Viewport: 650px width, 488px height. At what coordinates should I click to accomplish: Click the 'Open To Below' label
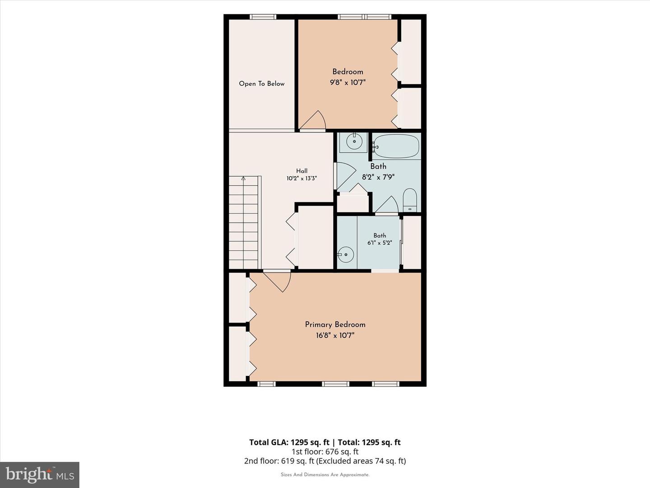[x=261, y=84]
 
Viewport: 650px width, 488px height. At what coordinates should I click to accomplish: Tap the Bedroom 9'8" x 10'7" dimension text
[x=348, y=82]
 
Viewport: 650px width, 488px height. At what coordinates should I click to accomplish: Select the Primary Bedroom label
[x=335, y=325]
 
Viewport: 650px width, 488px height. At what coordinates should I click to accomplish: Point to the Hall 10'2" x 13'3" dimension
[x=302, y=178]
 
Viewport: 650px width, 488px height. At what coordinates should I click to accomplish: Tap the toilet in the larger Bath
[x=410, y=200]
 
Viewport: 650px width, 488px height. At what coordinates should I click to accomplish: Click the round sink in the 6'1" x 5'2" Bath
[x=346, y=254]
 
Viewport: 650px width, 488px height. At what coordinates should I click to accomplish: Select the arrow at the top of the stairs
[x=243, y=178]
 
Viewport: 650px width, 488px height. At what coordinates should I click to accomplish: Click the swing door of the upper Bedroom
[x=313, y=120]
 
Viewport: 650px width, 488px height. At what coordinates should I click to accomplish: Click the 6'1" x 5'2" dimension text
[x=380, y=243]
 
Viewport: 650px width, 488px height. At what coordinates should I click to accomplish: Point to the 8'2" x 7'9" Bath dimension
[x=378, y=177]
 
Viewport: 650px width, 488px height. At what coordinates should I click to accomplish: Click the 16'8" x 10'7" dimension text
[x=335, y=335]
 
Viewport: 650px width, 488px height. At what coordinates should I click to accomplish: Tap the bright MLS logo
[x=40, y=474]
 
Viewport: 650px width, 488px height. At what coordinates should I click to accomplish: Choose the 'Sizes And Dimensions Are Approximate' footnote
[x=325, y=474]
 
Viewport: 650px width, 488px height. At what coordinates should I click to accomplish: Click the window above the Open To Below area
[x=263, y=17]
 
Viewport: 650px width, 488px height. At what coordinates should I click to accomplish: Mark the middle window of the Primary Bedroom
[x=335, y=384]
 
